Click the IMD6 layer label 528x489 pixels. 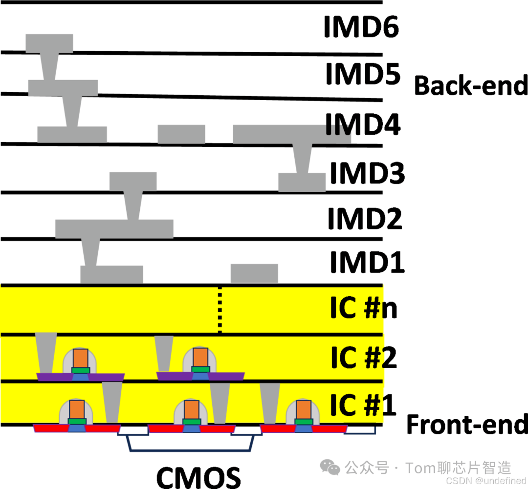361,27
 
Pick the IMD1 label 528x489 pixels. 367,262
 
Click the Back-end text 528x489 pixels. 471,86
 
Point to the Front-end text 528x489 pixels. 467,425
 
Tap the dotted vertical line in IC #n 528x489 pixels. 220,309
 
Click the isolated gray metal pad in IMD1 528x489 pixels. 254,273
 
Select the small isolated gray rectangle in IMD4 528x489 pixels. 181,134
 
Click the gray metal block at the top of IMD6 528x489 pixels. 49,43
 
